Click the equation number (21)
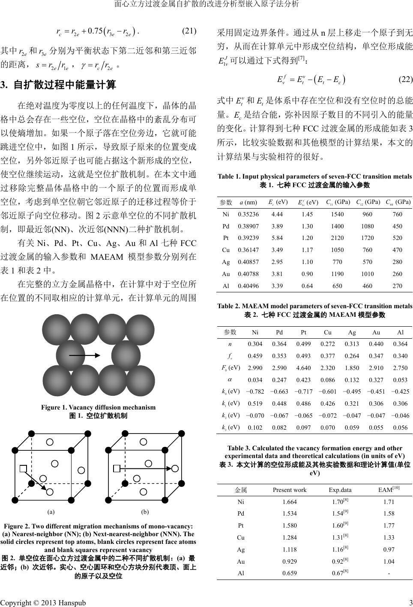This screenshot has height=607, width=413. pos(189,31)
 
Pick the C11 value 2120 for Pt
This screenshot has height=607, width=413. pos(337,238)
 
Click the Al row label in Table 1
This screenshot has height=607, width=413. pos(226,286)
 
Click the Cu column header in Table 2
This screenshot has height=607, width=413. pos(327,332)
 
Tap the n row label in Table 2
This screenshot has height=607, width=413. pos(230,344)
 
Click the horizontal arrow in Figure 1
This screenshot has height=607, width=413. pos(84,356)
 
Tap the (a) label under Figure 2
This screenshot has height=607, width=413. pos(51,512)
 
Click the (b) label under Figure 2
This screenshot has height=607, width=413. pos(145,512)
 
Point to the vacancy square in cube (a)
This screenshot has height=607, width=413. pos(24,468)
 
